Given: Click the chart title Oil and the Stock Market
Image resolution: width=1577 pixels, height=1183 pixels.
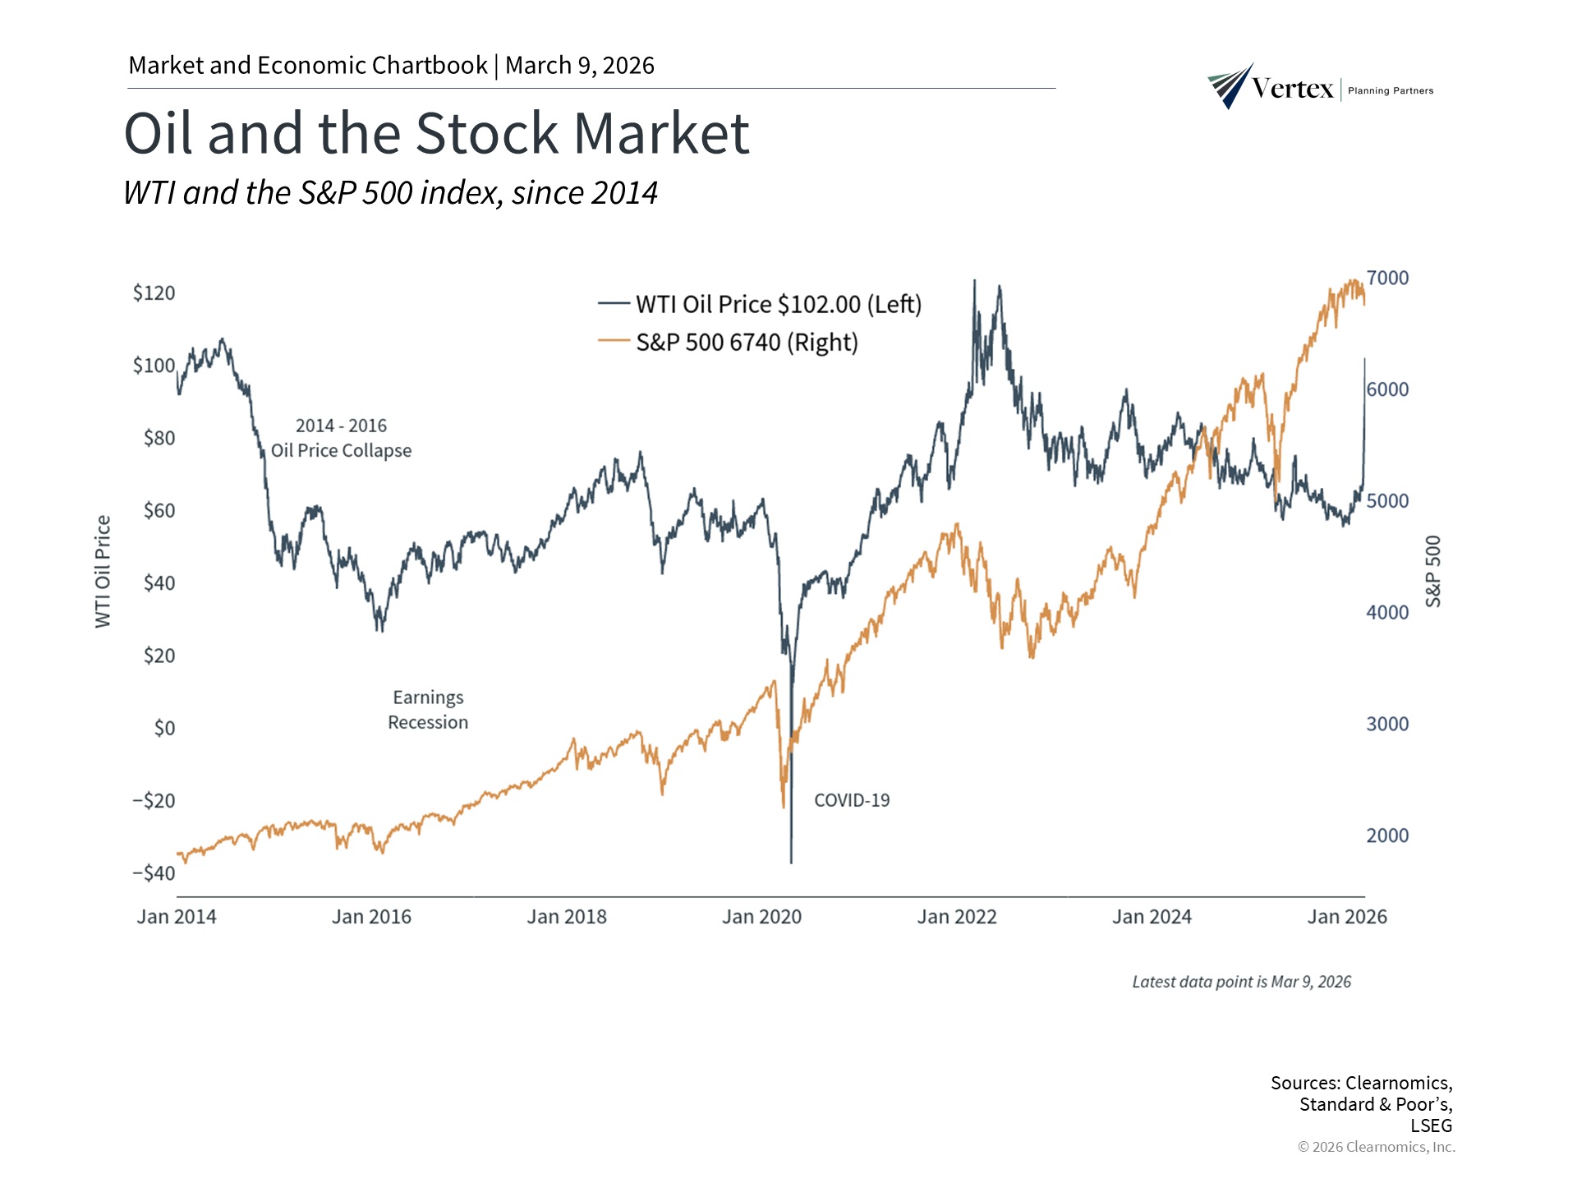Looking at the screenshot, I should pos(436,134).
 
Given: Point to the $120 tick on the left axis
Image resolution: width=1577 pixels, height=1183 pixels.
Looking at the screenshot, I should pos(154,293).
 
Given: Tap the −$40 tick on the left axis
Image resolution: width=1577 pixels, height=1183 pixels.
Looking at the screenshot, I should pos(154,873).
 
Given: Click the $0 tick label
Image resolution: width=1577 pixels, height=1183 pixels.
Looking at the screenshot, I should pos(164,729).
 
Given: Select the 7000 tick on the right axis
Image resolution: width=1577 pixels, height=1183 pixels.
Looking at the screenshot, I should pos(1387,278).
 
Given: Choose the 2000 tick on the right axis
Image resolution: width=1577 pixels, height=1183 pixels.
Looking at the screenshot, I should pos(1387,836).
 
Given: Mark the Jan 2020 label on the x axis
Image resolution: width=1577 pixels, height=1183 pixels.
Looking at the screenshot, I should pos(761,918).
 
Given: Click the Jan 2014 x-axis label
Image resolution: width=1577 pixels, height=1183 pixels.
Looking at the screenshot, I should pos(177,918).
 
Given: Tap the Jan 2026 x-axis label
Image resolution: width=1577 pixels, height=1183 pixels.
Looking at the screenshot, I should pos(1347,918).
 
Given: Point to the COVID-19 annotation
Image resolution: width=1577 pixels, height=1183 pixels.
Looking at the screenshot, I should pos(852,801).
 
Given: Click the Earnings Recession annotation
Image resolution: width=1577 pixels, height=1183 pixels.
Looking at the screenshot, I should pos(428,711).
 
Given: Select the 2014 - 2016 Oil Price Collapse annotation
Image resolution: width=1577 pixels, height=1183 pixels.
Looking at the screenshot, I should pos(341,439).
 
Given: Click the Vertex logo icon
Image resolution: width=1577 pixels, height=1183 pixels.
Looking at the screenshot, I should pos(1230,86).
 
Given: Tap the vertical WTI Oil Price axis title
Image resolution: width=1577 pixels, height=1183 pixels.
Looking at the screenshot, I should pos(103,572).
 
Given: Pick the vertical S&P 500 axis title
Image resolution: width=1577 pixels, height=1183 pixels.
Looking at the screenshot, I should pos(1433,572).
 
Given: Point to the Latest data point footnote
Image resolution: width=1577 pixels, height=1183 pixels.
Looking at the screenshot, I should pos(1241,983).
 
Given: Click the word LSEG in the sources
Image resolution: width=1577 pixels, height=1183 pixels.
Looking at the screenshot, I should pos(1431,1126).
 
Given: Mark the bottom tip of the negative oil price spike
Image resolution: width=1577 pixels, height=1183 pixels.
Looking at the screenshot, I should pos(791,863).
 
